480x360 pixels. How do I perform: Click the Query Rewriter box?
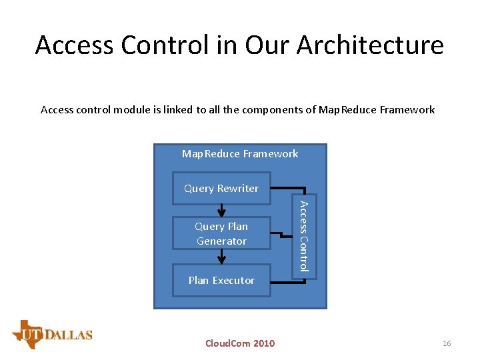[x=221, y=189]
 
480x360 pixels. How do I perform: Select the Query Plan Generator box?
[x=221, y=233]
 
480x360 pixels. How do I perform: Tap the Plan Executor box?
[x=221, y=281]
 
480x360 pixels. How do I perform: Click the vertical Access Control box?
[x=303, y=235]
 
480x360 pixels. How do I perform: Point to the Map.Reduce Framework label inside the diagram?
[x=240, y=154]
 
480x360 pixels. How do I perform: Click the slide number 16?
[x=447, y=343]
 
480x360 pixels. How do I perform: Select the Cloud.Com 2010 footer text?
[x=239, y=343]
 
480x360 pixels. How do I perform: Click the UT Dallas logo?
[x=52, y=335]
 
